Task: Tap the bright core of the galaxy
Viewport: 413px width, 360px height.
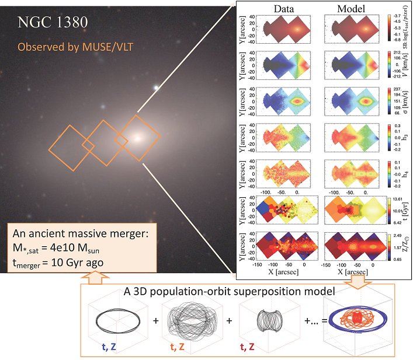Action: pyautogui.click(x=138, y=138)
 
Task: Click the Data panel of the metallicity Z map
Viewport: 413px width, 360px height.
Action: pyautogui.click(x=286, y=250)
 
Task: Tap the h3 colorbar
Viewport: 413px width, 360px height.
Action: pyautogui.click(x=388, y=137)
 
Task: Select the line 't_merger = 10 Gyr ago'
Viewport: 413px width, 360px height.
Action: pyautogui.click(x=57, y=263)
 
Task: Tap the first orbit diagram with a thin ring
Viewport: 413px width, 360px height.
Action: pyautogui.click(x=122, y=321)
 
